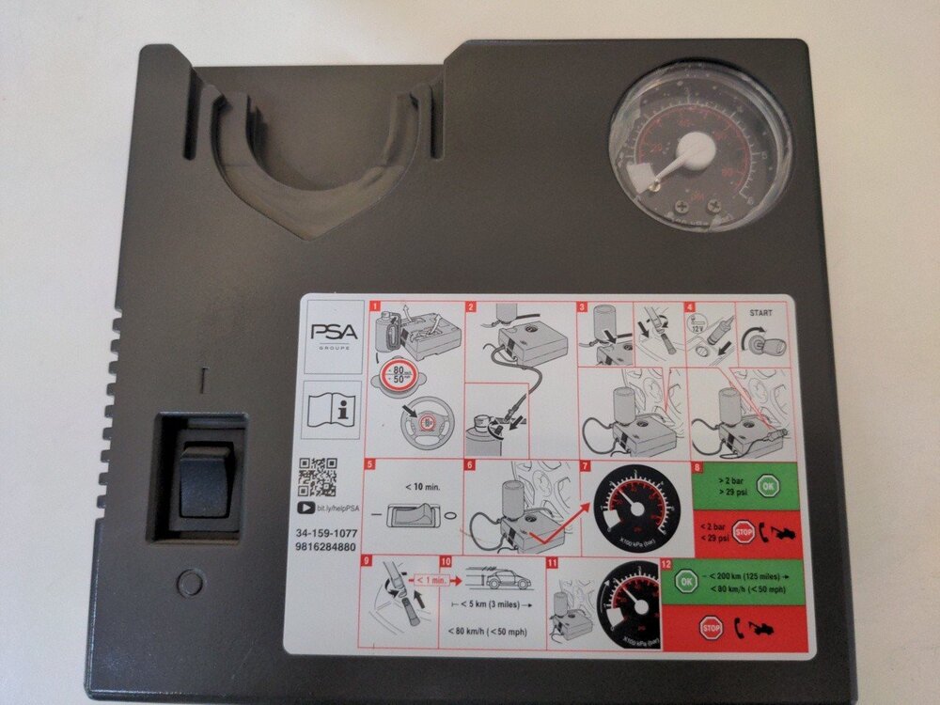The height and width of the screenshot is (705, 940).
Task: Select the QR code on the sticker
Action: coord(318,478)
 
